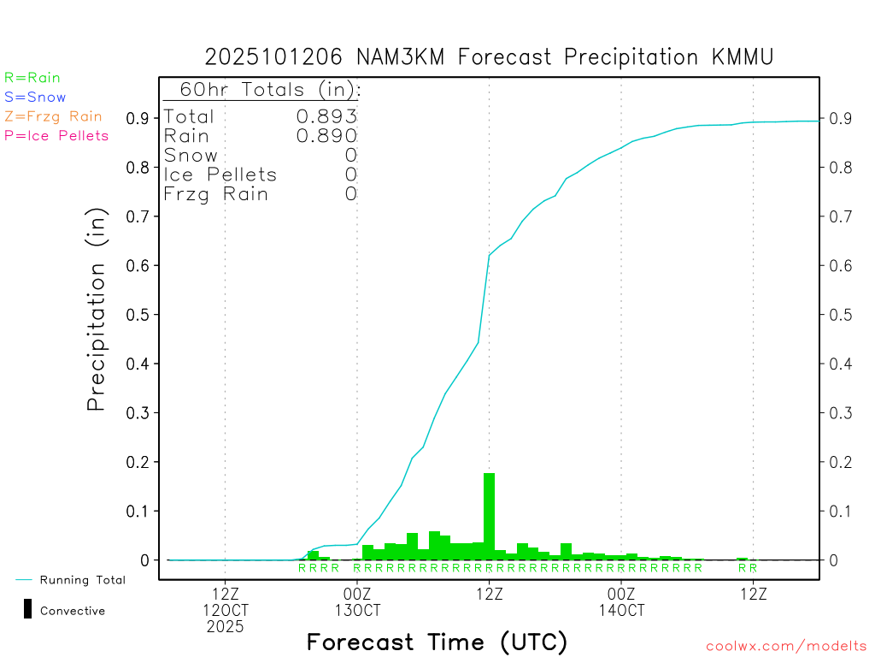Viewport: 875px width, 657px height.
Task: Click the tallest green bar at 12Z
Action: pos(489,517)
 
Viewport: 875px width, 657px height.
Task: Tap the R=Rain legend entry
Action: pos(32,78)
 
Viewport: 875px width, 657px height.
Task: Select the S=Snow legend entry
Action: pos(35,98)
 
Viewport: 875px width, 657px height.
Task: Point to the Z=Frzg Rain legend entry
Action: pos(53,116)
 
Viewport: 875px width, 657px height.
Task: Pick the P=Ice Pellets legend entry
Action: pos(56,135)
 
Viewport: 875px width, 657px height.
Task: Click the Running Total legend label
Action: pos(82,580)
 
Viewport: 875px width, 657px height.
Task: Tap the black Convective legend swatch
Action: pos(27,609)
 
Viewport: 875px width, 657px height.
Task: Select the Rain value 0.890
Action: pos(326,136)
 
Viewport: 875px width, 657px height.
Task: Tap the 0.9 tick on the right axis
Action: pos(838,118)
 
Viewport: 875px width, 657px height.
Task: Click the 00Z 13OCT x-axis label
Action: pos(357,601)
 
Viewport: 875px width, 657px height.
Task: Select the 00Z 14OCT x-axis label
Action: pos(621,601)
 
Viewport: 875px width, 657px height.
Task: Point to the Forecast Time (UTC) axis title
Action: pos(437,642)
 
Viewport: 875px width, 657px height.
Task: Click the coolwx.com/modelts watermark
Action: pos(786,647)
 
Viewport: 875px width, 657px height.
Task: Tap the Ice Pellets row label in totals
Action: pos(220,175)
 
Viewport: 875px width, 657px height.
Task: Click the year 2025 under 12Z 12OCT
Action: pos(225,626)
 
